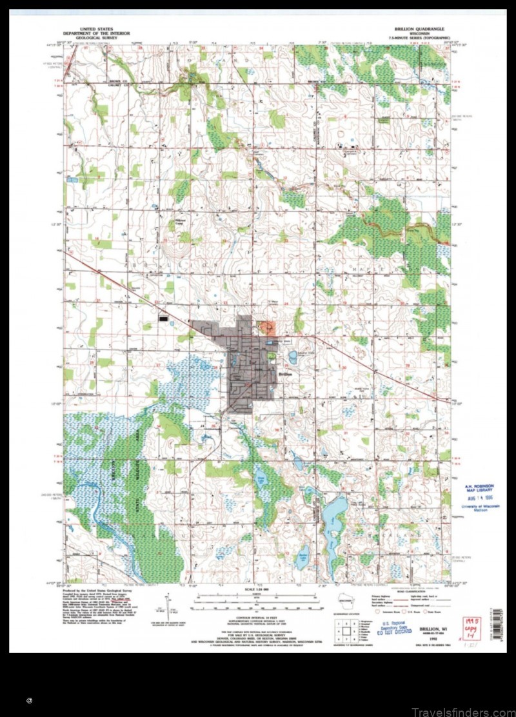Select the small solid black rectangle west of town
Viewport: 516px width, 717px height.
pyautogui.click(x=164, y=317)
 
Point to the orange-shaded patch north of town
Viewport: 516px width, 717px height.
pyautogui.click(x=266, y=328)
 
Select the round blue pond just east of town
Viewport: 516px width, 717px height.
pyautogui.click(x=293, y=357)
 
